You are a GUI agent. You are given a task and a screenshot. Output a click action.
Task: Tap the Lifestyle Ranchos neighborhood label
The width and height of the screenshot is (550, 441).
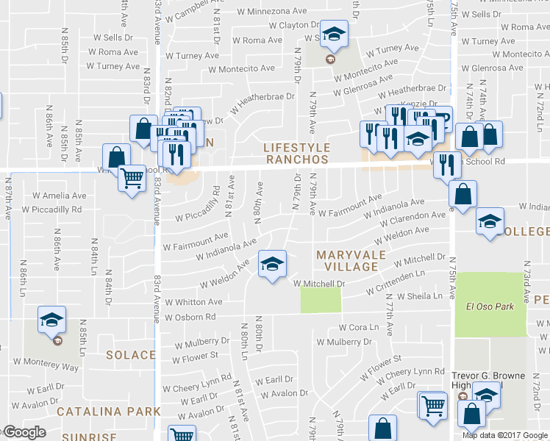click(x=296, y=154)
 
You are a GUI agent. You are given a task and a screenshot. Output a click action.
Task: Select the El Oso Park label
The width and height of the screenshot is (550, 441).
click(x=490, y=306)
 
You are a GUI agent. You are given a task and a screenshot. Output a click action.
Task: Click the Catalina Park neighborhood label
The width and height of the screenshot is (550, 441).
click(x=109, y=410)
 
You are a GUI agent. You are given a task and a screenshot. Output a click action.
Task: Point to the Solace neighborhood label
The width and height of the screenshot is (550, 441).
click(x=131, y=355)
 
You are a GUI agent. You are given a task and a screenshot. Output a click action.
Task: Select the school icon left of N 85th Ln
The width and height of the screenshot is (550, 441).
click(x=52, y=320)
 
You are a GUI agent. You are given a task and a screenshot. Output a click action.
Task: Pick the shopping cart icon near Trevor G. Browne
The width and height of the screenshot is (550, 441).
click(x=433, y=405)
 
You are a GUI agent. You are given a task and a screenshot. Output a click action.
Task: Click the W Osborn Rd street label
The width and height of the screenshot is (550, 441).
click(x=190, y=318)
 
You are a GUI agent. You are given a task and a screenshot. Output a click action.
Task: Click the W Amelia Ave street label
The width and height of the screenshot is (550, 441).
click(x=60, y=196)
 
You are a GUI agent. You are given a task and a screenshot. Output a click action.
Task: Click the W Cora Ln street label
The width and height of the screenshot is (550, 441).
click(x=358, y=327)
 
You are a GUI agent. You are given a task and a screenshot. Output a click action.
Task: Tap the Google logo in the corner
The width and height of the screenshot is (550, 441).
click(x=24, y=432)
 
